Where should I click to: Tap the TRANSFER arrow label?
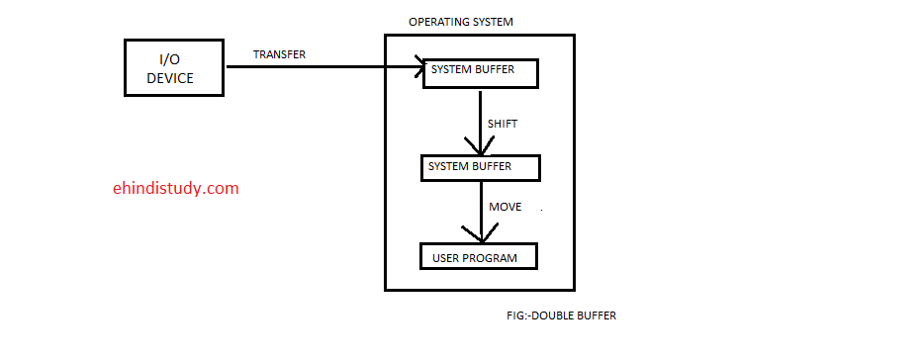point(279,54)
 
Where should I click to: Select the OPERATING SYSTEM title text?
point(461,22)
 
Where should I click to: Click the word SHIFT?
point(504,124)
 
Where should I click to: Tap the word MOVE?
point(506,207)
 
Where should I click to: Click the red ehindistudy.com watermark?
point(176,188)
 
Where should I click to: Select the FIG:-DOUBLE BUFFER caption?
point(562,315)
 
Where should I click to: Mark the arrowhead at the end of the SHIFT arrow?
point(481,147)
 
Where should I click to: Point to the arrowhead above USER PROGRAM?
point(482,233)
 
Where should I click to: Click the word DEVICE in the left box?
point(170,78)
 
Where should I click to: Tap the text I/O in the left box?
point(170,59)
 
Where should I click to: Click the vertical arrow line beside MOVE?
point(482,212)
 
